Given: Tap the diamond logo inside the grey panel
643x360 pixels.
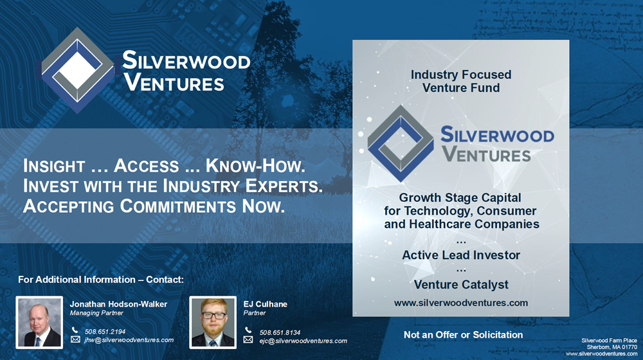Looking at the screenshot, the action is pyautogui.click(x=400, y=143).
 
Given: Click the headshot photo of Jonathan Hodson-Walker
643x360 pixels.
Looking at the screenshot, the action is pyautogui.click(x=39, y=322).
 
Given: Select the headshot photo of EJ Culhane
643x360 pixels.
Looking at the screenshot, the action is pyautogui.click(x=213, y=322).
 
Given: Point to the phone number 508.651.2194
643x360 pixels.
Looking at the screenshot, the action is pyautogui.click(x=105, y=331).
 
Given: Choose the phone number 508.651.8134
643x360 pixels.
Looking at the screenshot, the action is pyautogui.click(x=280, y=332).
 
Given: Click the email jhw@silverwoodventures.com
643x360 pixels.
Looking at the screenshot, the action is pyautogui.click(x=129, y=340).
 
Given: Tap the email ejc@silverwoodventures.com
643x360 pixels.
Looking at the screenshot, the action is pyautogui.click(x=303, y=341).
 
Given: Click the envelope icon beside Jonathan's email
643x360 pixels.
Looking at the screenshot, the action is pyautogui.click(x=75, y=339).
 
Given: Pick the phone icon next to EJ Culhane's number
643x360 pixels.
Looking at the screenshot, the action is pyautogui.click(x=248, y=330).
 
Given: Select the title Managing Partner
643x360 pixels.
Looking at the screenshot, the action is pyautogui.click(x=96, y=313).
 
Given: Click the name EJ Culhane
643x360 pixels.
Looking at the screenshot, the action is pyautogui.click(x=266, y=304).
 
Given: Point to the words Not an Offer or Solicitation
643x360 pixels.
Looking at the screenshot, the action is pyautogui.click(x=464, y=335).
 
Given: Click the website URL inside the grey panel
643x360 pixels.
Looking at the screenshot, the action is pyautogui.click(x=461, y=303).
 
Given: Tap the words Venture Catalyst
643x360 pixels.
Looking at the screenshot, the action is pyautogui.click(x=461, y=285).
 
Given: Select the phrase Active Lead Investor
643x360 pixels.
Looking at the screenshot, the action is pyautogui.click(x=461, y=255).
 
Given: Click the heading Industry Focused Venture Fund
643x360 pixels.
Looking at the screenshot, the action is pyautogui.click(x=461, y=81).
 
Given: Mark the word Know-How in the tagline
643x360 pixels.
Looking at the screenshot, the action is pyautogui.click(x=255, y=166).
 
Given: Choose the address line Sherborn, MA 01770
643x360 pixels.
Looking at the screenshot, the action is pyautogui.click(x=612, y=347).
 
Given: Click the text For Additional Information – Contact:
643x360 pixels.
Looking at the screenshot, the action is pyautogui.click(x=101, y=280).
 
